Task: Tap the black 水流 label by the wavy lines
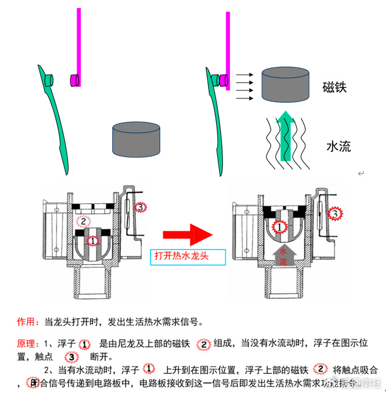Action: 338,146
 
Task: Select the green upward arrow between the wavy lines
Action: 288,137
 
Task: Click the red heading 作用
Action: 27,321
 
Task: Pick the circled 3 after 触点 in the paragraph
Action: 72,357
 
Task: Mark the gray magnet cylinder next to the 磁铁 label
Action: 285,84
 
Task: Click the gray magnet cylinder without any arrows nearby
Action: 136,138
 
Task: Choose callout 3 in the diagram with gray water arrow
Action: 334,213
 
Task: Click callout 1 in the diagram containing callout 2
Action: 93,241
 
